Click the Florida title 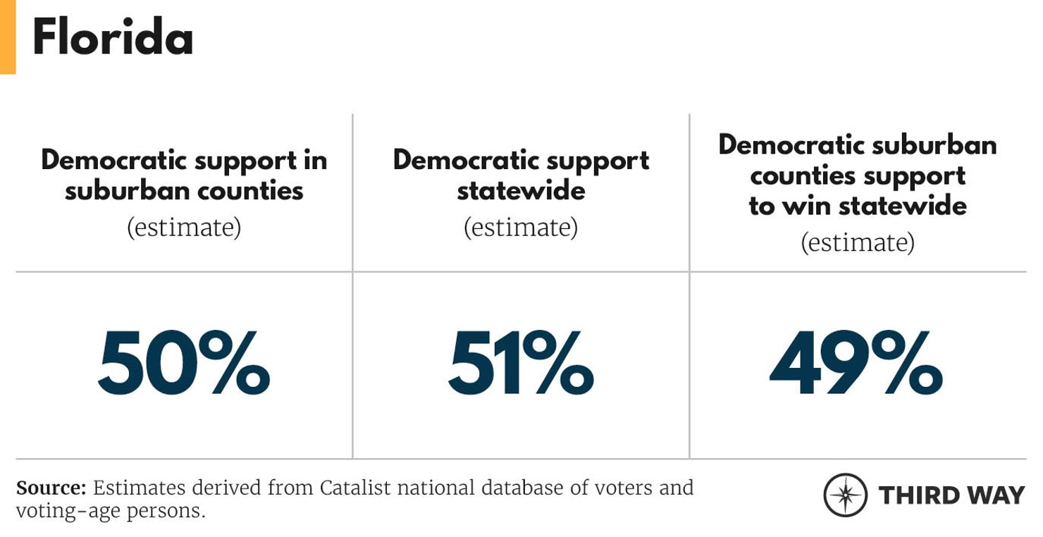[x=113, y=39]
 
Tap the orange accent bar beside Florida [x=7, y=37]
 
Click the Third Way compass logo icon [x=845, y=495]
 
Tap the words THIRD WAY [x=951, y=495]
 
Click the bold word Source [x=51, y=488]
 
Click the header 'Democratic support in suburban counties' [x=184, y=175]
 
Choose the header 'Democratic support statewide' [x=521, y=175]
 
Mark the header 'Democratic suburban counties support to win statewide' [x=858, y=175]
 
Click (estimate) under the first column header [x=184, y=228]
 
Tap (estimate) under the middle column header [x=521, y=228]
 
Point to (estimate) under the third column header [x=858, y=242]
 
